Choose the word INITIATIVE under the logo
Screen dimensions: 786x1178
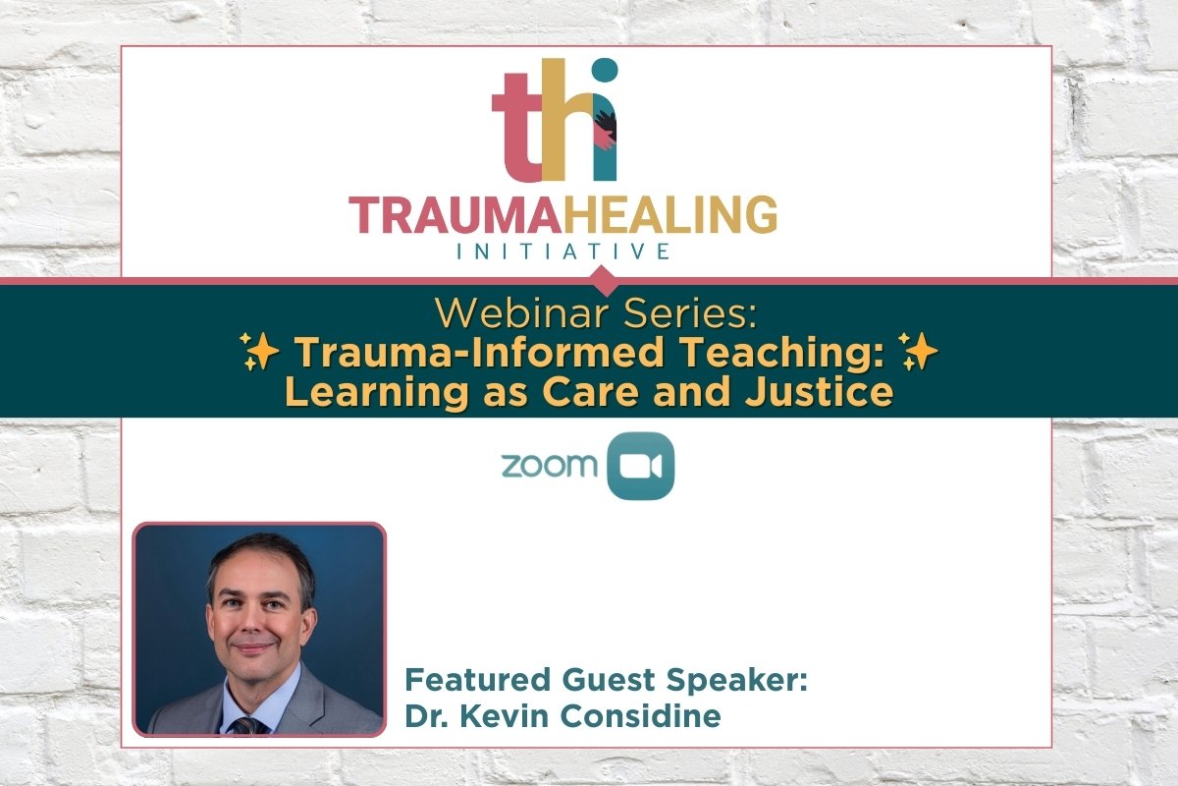(x=562, y=252)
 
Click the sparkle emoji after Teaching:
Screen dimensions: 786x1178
(x=920, y=353)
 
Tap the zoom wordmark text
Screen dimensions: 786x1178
(x=549, y=465)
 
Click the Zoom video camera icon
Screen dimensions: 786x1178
(x=641, y=466)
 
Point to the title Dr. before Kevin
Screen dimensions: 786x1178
(x=425, y=716)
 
